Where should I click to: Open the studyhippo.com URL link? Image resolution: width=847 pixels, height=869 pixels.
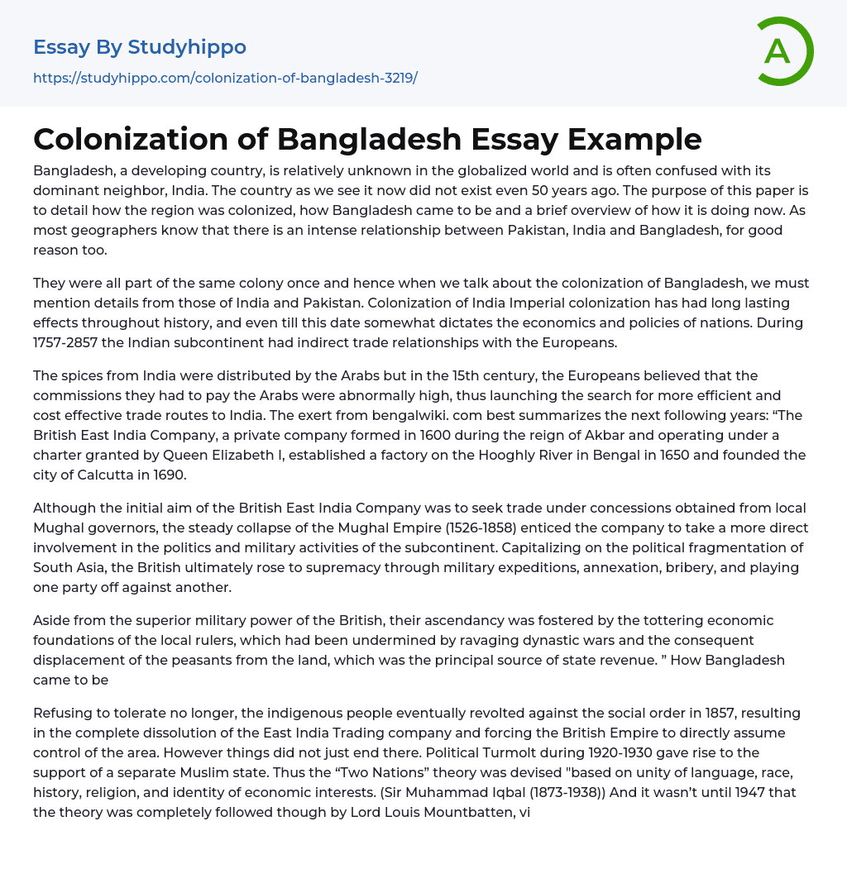225,78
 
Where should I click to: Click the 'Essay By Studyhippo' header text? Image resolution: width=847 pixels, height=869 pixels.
140,47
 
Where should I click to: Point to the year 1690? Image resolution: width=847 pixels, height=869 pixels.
171,475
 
